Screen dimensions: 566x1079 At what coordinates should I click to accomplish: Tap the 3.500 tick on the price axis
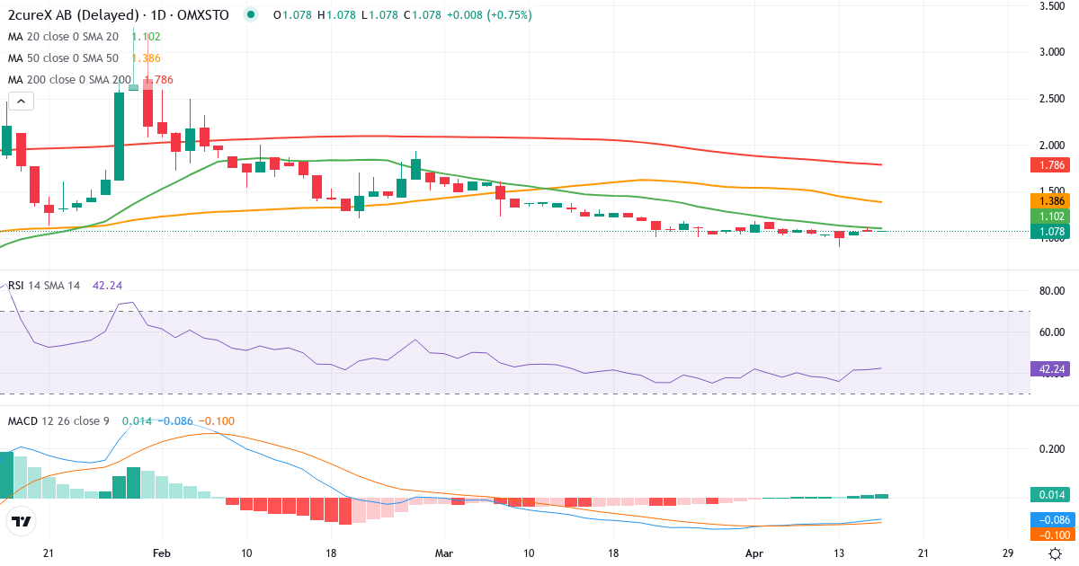point(1052,6)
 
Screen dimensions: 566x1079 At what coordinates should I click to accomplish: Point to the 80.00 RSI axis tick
point(1052,291)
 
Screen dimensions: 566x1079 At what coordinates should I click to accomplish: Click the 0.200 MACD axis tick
point(1052,449)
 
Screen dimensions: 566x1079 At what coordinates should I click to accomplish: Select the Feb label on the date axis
point(161,553)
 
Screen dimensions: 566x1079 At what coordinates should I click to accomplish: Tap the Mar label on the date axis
point(443,553)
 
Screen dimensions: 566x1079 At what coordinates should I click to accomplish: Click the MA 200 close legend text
point(69,80)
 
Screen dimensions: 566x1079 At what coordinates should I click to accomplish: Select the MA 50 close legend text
point(63,58)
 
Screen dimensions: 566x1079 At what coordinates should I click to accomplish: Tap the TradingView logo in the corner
point(22,522)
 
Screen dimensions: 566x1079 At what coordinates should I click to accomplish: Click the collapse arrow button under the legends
point(22,101)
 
